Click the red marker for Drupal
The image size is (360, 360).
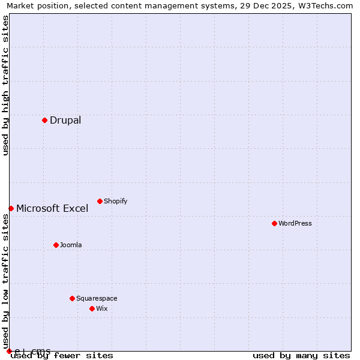pyautogui.click(x=44, y=120)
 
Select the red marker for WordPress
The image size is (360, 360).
pyautogui.click(x=274, y=223)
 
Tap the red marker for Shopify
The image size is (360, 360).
pyautogui.click(x=100, y=201)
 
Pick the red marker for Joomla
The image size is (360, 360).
pyautogui.click(x=56, y=245)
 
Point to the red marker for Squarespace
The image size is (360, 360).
pyautogui.click(x=72, y=298)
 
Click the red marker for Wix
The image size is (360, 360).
pyautogui.click(x=92, y=308)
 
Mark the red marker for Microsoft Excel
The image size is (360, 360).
pyautogui.click(x=11, y=208)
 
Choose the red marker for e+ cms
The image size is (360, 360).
pyautogui.click(x=9, y=351)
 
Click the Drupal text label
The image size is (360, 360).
pyautogui.click(x=65, y=120)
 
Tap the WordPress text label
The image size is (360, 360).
pyautogui.click(x=295, y=223)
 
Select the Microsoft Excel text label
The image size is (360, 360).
pyautogui.click(x=52, y=208)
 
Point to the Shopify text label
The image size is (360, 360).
pyautogui.click(x=115, y=201)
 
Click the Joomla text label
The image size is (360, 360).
pyautogui.click(x=71, y=245)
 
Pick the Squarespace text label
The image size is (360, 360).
pyautogui.click(x=97, y=298)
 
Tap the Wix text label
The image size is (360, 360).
pyautogui.click(x=102, y=308)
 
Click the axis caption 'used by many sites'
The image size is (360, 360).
pyautogui.click(x=301, y=355)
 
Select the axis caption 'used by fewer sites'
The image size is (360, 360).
pyautogui.click(x=62, y=355)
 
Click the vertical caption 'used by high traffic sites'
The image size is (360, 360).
pyautogui.click(x=5, y=85)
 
